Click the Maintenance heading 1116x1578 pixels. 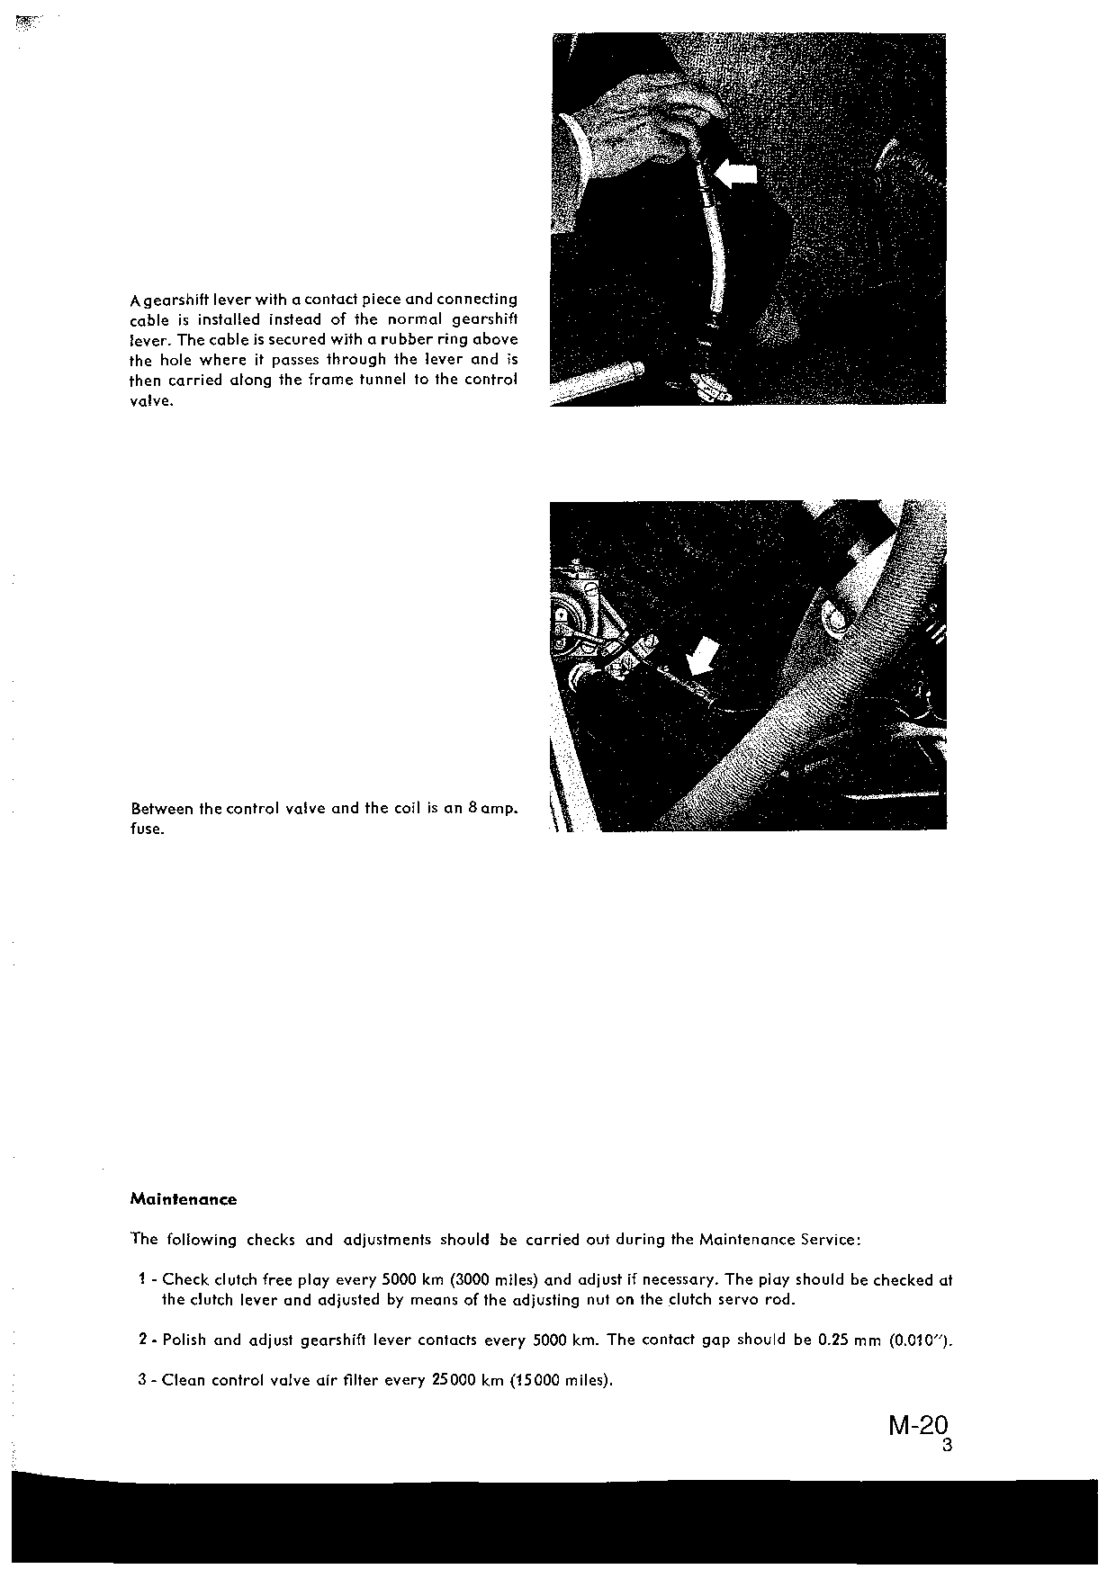184,1199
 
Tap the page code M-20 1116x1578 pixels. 918,1426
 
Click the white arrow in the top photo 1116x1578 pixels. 735,173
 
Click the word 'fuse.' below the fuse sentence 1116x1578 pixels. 148,829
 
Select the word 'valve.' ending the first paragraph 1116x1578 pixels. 150,400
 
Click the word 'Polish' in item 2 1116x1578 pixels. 184,1340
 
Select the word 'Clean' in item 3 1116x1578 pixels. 184,1380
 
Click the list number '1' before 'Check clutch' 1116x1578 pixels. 143,1279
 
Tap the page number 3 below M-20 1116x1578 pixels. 946,1447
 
